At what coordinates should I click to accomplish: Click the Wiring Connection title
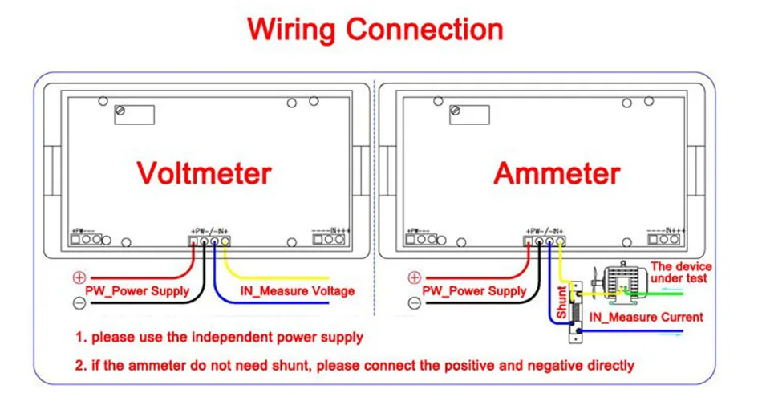375,30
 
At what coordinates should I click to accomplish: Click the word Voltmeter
204,173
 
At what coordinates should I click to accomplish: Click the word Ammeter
557,173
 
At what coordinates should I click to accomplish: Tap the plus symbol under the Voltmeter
79,277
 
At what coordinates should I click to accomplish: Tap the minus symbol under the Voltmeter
79,303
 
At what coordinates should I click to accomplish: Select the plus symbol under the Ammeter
415,277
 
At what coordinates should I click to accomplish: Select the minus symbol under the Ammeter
415,303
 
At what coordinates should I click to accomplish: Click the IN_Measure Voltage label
297,290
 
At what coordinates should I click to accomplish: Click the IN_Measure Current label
646,318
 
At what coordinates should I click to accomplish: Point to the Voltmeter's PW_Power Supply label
137,290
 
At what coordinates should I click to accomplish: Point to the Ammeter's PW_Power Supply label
474,290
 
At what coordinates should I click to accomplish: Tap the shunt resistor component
575,309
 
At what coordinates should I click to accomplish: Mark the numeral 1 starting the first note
80,338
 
